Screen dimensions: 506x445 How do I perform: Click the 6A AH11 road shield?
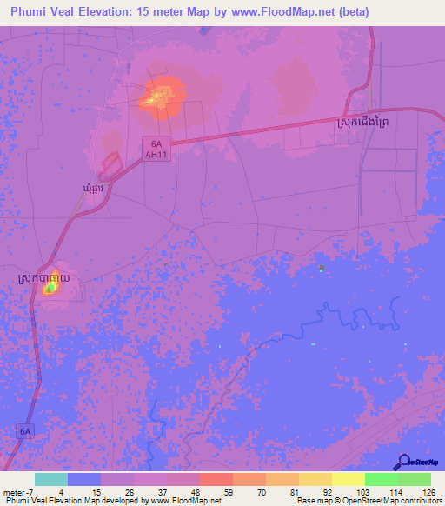(155, 148)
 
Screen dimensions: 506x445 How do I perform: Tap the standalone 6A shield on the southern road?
(26, 430)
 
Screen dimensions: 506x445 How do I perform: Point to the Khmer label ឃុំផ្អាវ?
(95, 188)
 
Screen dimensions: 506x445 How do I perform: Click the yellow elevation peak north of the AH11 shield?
(159, 97)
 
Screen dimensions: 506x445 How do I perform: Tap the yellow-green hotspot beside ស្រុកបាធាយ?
(50, 287)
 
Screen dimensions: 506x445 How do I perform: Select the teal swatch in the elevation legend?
(50, 479)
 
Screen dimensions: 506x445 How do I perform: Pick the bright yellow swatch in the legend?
(348, 479)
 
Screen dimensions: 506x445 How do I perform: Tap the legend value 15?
(97, 491)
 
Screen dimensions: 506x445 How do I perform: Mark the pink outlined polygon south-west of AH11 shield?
(110, 162)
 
